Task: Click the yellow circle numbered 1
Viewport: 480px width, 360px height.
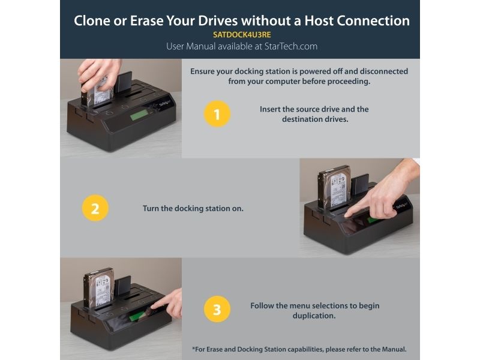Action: tap(217, 114)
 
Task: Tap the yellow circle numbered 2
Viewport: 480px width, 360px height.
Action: tap(95, 208)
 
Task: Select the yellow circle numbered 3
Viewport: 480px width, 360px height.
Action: tap(217, 309)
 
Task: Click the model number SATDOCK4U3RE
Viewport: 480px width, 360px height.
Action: tap(242, 35)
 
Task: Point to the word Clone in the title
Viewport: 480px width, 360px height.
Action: tap(92, 21)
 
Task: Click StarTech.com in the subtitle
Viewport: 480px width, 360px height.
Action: tap(291, 46)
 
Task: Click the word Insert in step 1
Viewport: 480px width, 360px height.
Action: tap(269, 109)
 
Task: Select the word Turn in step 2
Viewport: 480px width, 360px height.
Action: tap(151, 208)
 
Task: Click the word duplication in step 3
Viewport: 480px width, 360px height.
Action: tap(314, 316)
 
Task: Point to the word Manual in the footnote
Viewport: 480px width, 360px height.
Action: tap(394, 349)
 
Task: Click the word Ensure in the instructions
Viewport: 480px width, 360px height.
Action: tap(202, 71)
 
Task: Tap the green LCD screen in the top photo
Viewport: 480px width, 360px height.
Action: tap(139, 116)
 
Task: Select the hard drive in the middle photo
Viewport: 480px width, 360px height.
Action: tap(334, 188)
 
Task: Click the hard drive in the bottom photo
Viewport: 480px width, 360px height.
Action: tap(99, 289)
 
